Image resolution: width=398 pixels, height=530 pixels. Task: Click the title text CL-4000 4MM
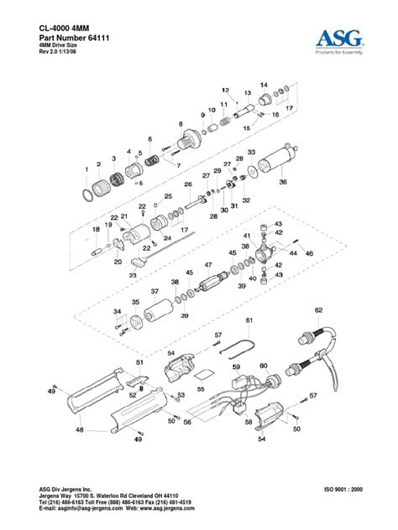[x=67, y=28]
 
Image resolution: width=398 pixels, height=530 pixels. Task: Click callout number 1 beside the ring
[x=86, y=169]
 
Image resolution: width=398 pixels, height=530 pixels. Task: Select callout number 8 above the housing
[x=180, y=124]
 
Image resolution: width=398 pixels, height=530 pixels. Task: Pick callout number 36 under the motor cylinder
[x=282, y=182]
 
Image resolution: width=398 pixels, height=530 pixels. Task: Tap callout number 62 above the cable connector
[x=318, y=310]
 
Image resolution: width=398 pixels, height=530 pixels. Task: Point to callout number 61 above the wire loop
[x=249, y=321]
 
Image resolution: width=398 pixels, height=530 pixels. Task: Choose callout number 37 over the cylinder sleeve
[x=154, y=291]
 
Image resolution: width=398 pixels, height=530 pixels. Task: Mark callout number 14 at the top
[x=263, y=86]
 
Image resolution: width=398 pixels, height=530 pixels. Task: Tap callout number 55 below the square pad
[x=200, y=389]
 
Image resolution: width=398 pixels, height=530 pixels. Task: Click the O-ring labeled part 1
[x=88, y=194]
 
